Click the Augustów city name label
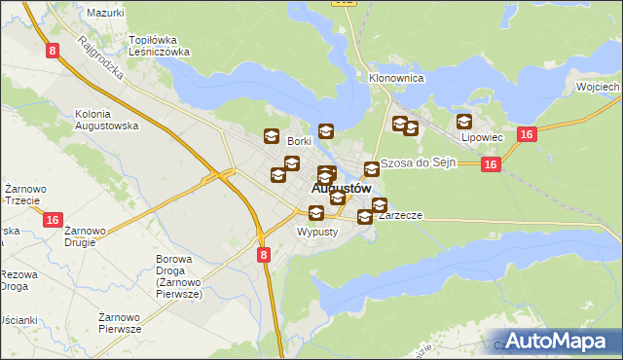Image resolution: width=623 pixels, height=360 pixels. pos(342,188)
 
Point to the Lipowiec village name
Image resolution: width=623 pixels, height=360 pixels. pos(482,137)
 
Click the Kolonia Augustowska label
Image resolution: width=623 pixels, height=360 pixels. pos(107,120)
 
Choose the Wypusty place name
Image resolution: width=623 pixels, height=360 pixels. pos(316,233)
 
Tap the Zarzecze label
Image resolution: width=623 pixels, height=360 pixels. pos(399,216)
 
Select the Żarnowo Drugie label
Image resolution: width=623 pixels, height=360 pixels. pos(86,236)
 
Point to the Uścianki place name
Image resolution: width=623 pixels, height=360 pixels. pos(18,320)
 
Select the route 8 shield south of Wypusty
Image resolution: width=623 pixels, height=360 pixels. pos(264,254)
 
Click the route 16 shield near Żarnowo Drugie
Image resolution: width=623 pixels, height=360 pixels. pos(54,221)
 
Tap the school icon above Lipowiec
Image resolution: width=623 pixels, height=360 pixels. pos(464,123)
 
